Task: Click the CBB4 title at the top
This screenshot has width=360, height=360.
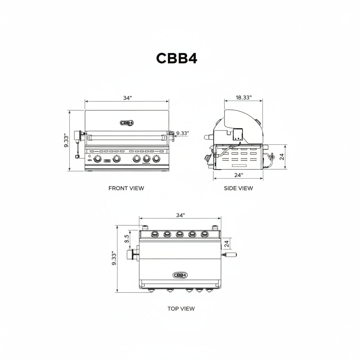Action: point(176,58)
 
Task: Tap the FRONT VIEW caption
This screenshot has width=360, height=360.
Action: point(126,188)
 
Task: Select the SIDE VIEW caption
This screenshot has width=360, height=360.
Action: point(238,188)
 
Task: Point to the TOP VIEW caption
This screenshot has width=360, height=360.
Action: point(181,309)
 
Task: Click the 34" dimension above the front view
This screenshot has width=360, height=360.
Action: point(127,98)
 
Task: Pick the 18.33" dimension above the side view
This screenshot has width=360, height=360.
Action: point(244,97)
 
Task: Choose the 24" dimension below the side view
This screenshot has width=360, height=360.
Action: point(239,175)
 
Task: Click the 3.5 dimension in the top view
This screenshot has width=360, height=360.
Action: point(127,239)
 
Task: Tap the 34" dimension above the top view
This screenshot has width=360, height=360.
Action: point(180,215)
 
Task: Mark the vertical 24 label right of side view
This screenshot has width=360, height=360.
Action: point(282,157)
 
